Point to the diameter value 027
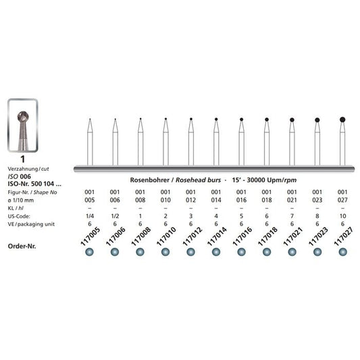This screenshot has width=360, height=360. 342,199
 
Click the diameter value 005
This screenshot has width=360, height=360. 89,199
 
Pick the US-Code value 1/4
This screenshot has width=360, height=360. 89,216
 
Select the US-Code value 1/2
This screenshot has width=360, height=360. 114,216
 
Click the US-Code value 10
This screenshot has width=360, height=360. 342,216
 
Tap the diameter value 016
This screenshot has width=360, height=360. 240,199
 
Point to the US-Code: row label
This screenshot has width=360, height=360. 16,216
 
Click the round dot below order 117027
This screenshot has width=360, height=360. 342,253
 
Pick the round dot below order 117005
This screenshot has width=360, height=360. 89,253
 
